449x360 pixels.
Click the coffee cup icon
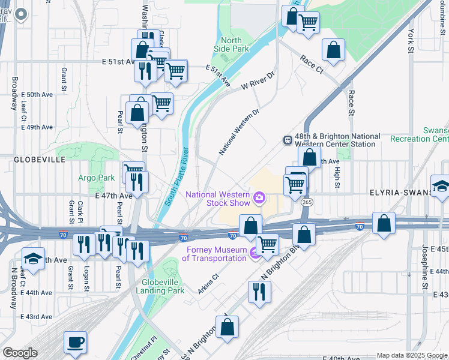click(x=75, y=342)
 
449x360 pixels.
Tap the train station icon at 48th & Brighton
click(x=288, y=140)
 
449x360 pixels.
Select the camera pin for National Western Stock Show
click(x=259, y=197)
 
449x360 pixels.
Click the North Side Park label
click(x=232, y=44)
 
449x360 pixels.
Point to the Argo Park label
click(x=96, y=178)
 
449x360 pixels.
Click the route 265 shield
click(x=306, y=202)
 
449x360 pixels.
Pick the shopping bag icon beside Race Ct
click(x=333, y=51)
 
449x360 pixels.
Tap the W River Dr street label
click(x=258, y=81)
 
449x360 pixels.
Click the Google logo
click(x=20, y=353)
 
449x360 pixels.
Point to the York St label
click(x=411, y=36)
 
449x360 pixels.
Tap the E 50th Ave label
click(x=37, y=94)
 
